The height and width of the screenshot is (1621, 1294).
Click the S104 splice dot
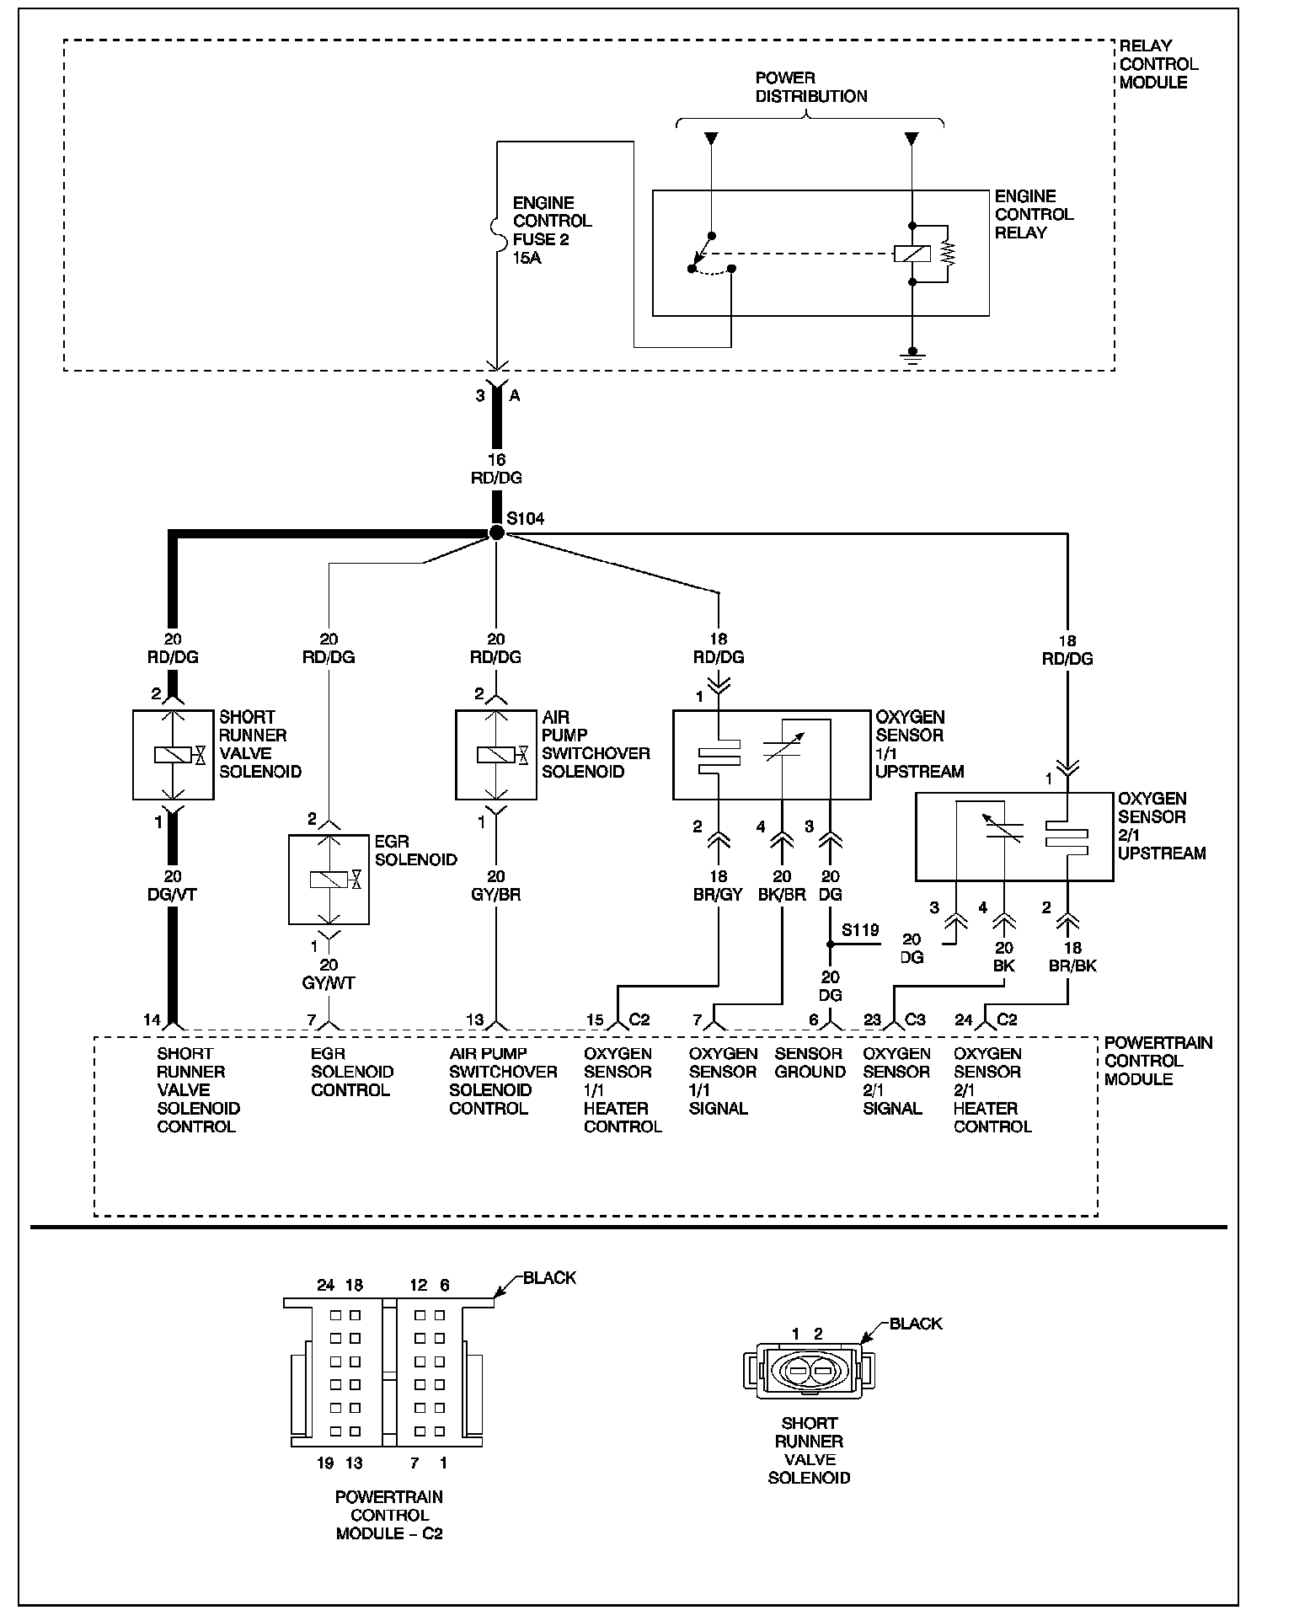click(497, 532)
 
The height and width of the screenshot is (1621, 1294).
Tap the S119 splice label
click(860, 930)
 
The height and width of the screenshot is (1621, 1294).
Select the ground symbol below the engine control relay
click(912, 354)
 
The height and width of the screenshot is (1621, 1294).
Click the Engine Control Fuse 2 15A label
click(552, 230)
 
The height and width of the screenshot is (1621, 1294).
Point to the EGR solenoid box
click(329, 880)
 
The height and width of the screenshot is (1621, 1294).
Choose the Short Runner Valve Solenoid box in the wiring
click(173, 755)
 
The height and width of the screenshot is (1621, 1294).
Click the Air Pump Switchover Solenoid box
click(495, 755)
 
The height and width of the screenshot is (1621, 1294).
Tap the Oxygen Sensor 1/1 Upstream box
click(771, 755)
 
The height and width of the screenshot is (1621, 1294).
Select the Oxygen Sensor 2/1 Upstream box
click(1013, 837)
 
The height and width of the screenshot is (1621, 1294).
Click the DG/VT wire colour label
click(173, 895)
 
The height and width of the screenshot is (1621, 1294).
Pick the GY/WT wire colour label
click(329, 983)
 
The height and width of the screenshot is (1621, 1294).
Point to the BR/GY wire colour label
click(719, 895)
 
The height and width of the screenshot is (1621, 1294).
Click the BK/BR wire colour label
click(782, 895)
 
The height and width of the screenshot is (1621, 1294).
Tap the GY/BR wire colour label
click(496, 895)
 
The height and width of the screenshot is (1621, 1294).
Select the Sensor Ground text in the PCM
click(810, 1063)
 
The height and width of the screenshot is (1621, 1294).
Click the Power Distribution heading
click(810, 88)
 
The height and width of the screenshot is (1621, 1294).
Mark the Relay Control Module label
click(1158, 64)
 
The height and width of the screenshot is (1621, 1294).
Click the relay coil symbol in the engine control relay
click(912, 253)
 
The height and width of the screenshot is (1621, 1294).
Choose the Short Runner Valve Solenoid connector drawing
click(810, 1372)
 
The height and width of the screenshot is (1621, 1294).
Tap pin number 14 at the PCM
click(152, 1020)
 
